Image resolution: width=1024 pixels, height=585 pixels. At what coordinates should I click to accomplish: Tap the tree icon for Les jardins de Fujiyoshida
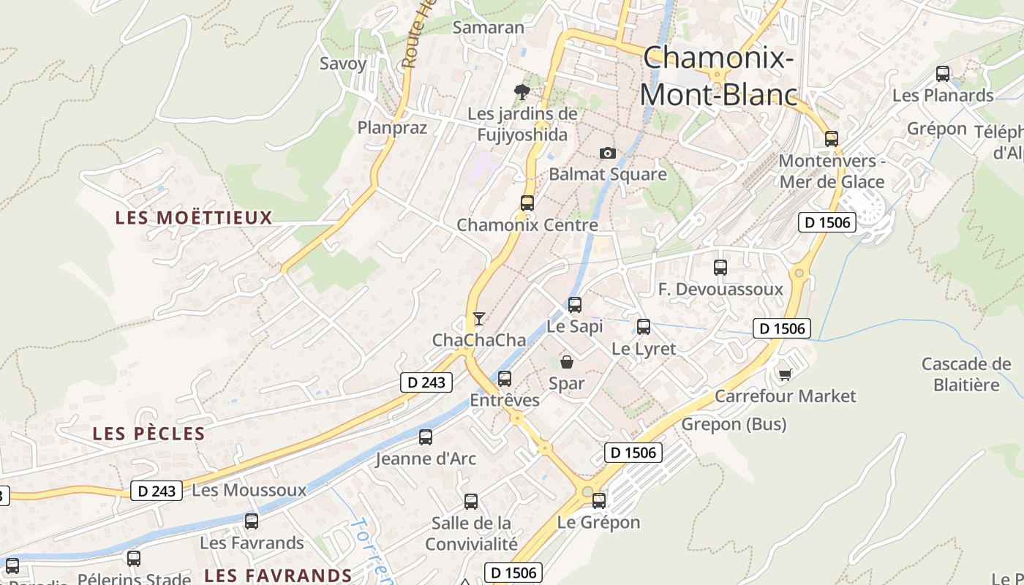click(522, 91)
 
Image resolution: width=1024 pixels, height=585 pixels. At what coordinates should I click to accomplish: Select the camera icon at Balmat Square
click(607, 153)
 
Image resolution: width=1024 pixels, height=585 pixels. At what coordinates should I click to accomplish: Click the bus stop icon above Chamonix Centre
click(527, 203)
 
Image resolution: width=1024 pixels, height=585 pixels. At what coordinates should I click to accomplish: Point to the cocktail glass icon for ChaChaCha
click(479, 319)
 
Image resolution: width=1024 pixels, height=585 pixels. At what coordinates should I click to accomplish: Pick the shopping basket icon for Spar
click(567, 362)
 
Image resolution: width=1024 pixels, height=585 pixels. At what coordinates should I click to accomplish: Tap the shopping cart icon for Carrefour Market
click(786, 374)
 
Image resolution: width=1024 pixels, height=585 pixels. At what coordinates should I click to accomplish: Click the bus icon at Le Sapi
click(575, 305)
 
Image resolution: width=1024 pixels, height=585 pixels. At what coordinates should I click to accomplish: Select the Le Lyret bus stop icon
click(644, 327)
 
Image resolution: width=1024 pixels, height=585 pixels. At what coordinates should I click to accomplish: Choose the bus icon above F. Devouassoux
click(720, 268)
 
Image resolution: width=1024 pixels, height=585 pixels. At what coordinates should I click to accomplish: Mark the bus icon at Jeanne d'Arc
click(426, 437)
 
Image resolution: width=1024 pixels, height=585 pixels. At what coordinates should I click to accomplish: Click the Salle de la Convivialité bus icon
click(471, 502)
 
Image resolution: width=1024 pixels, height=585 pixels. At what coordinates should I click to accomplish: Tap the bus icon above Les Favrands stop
click(252, 521)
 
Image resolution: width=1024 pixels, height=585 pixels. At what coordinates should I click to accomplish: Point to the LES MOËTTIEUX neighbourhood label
click(194, 217)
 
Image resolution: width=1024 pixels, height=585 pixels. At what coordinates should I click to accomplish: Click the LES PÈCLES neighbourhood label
click(148, 434)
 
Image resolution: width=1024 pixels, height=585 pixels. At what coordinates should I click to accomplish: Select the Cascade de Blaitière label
click(965, 374)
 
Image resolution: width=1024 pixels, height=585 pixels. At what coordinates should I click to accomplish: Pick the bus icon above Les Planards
click(943, 74)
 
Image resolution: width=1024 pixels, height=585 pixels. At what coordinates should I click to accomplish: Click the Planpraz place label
click(392, 127)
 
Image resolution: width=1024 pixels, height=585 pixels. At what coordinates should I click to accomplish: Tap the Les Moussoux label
click(249, 490)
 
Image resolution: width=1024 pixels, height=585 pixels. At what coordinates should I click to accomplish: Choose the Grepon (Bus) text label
click(734, 424)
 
